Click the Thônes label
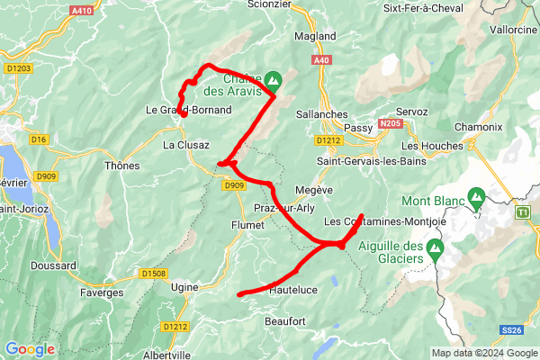point(122,166)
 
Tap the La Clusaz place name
point(186,145)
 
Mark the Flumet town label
point(247,226)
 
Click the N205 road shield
point(390,122)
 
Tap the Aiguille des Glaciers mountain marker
point(436,247)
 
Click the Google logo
point(30,349)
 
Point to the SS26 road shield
point(512,331)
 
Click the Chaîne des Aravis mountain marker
point(272,80)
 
